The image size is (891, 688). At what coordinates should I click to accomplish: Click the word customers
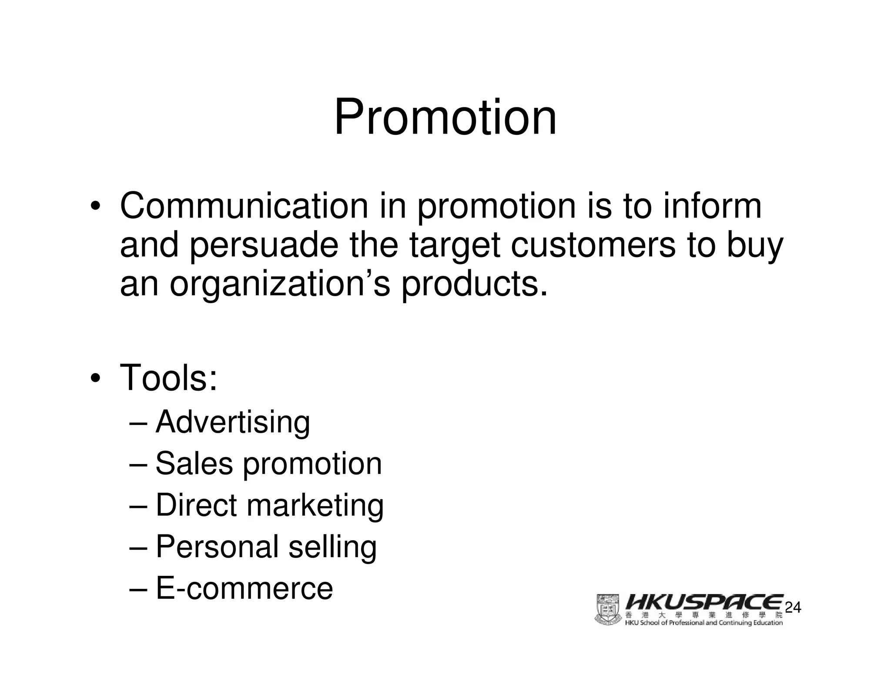tap(593, 245)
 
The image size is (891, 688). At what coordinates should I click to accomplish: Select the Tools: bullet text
tap(168, 377)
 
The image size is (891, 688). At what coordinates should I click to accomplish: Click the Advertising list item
tap(233, 422)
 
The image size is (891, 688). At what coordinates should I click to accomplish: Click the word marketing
tap(315, 506)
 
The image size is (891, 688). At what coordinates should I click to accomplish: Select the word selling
tap(332, 547)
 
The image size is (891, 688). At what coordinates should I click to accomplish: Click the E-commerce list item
tap(244, 588)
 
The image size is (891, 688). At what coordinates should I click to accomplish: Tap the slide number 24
tap(793, 608)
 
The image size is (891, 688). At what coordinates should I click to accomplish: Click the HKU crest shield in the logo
tap(608, 610)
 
